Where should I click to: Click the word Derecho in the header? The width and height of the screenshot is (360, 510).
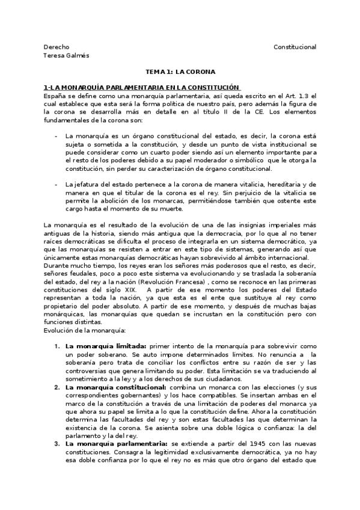[x=56, y=47]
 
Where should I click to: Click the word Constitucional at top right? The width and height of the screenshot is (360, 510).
[x=294, y=47]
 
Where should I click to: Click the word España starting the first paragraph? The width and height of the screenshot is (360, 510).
[x=56, y=96]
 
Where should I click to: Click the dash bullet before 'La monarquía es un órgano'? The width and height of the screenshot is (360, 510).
[x=56, y=136]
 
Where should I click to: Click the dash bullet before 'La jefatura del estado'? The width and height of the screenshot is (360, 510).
[x=56, y=183]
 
